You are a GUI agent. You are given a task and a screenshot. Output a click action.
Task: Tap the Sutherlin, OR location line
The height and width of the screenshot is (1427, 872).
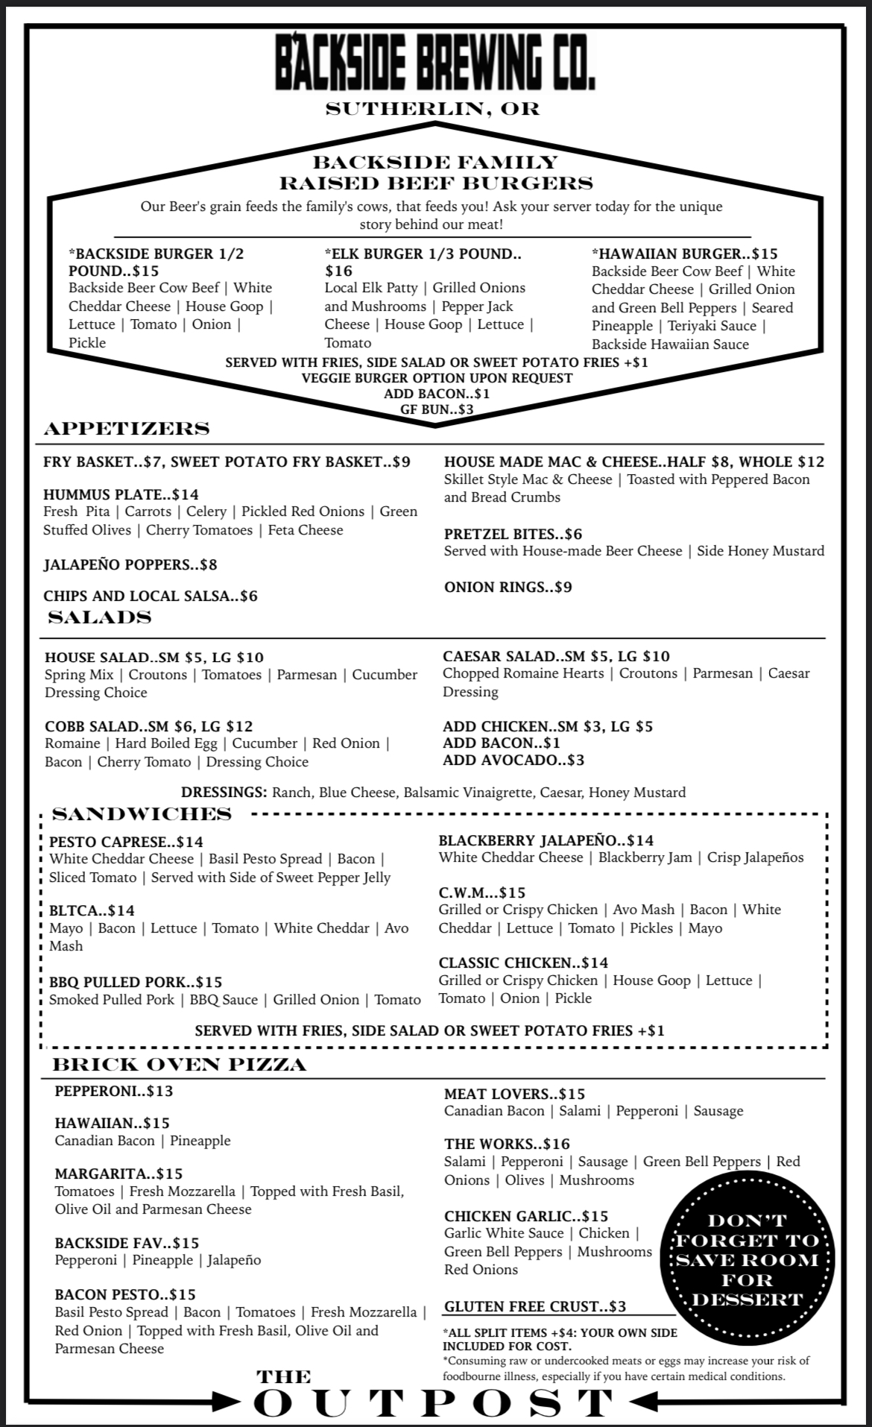(x=432, y=109)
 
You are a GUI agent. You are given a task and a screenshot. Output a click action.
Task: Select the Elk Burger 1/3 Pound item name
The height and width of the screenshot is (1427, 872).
(x=423, y=262)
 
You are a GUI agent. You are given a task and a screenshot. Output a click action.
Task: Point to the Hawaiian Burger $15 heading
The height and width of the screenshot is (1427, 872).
(x=684, y=253)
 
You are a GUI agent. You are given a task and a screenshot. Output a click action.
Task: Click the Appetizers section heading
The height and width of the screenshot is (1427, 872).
(x=127, y=428)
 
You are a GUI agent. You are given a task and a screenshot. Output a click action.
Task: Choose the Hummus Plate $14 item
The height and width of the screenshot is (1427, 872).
(x=121, y=494)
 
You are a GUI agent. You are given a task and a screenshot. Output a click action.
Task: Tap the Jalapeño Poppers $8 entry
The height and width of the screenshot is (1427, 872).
(x=130, y=564)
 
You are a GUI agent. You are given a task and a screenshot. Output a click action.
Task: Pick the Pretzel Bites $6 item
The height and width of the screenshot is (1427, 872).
(x=513, y=534)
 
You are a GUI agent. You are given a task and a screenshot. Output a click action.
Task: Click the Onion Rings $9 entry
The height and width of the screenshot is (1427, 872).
(x=508, y=587)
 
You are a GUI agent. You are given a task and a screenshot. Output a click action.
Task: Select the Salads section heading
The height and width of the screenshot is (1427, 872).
(x=100, y=617)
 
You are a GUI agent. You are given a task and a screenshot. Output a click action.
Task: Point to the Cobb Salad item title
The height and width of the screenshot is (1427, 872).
(x=148, y=726)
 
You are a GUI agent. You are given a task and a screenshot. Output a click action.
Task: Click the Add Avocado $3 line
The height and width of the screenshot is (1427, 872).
(x=514, y=760)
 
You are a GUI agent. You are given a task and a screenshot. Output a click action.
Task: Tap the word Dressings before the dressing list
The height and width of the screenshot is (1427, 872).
(x=224, y=792)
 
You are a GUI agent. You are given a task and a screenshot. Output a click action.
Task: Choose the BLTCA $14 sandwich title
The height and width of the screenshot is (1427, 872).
(x=92, y=910)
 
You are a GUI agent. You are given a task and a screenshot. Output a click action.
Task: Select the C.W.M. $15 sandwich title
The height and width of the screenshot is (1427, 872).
(x=481, y=892)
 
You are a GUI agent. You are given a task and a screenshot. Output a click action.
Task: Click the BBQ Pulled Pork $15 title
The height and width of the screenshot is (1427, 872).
(x=136, y=982)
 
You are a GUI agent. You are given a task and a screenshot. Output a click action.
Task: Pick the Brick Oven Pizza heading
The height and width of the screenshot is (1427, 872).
(x=179, y=1064)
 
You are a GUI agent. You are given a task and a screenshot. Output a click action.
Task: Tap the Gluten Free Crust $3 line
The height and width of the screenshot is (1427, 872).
(x=535, y=1306)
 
